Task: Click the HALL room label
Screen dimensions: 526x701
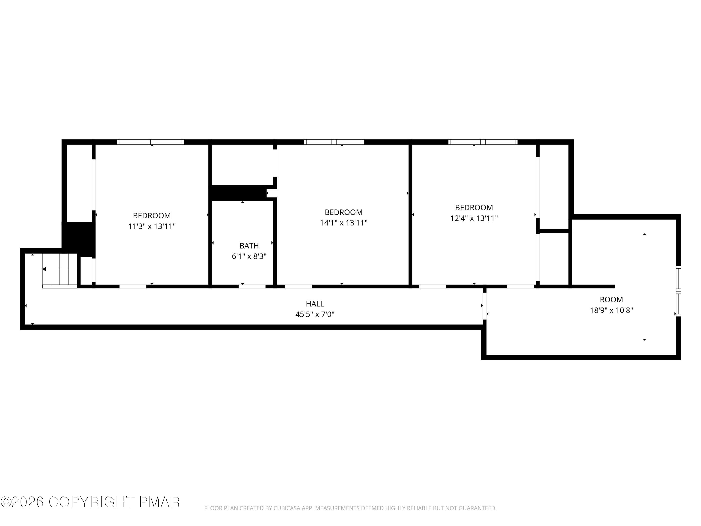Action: tap(315, 304)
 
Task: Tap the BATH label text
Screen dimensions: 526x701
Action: tap(249, 246)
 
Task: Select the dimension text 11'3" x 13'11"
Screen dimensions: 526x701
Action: tap(152, 226)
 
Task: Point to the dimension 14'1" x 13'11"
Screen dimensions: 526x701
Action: tap(343, 223)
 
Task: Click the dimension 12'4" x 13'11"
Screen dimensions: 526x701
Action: tap(474, 218)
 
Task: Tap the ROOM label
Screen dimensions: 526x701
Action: tap(611, 300)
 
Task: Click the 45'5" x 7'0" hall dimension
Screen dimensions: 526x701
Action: tap(315, 314)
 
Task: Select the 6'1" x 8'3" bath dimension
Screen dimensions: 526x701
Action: tap(249, 256)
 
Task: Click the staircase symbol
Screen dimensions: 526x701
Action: tap(60, 270)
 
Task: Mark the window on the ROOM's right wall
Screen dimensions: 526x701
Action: tap(679, 291)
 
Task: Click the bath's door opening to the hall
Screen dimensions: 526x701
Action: tap(252, 287)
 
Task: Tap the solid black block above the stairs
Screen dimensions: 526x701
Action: tap(79, 236)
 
